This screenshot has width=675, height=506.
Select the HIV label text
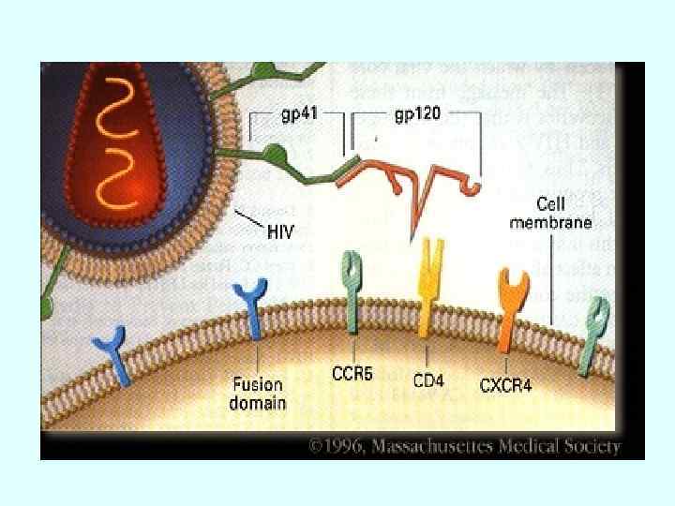pos(279,229)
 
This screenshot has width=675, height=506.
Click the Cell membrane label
pos(563,213)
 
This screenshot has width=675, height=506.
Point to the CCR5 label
pos(352,375)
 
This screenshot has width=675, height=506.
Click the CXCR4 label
pos(505,384)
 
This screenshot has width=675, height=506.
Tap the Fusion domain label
pos(257,393)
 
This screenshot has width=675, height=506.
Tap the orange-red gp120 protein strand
pos(412,177)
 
